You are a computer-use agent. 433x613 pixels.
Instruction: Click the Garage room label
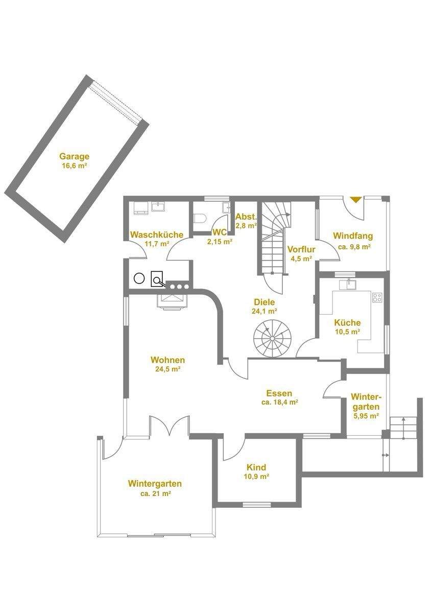coord(74,156)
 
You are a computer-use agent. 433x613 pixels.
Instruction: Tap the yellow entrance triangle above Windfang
coord(355,200)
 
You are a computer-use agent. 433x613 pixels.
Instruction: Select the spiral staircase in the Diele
coord(271,337)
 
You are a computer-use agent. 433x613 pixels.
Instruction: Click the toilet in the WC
coord(201,218)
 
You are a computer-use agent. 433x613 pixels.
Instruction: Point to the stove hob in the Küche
coord(377,297)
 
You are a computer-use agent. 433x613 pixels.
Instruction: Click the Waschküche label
coord(157,234)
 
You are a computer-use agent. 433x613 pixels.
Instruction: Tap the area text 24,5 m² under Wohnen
coord(167,369)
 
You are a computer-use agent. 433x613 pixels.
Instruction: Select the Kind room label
coord(256,467)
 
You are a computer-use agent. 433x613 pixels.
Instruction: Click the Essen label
coord(279,393)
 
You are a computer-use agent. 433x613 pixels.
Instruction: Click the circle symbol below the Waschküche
coord(138,278)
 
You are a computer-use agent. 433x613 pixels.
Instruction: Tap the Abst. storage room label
coord(246,216)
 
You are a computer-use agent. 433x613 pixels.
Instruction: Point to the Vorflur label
coord(301,249)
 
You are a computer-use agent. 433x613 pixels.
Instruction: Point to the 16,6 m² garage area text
coord(74,166)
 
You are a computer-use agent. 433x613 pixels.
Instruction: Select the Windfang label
coord(353,236)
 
